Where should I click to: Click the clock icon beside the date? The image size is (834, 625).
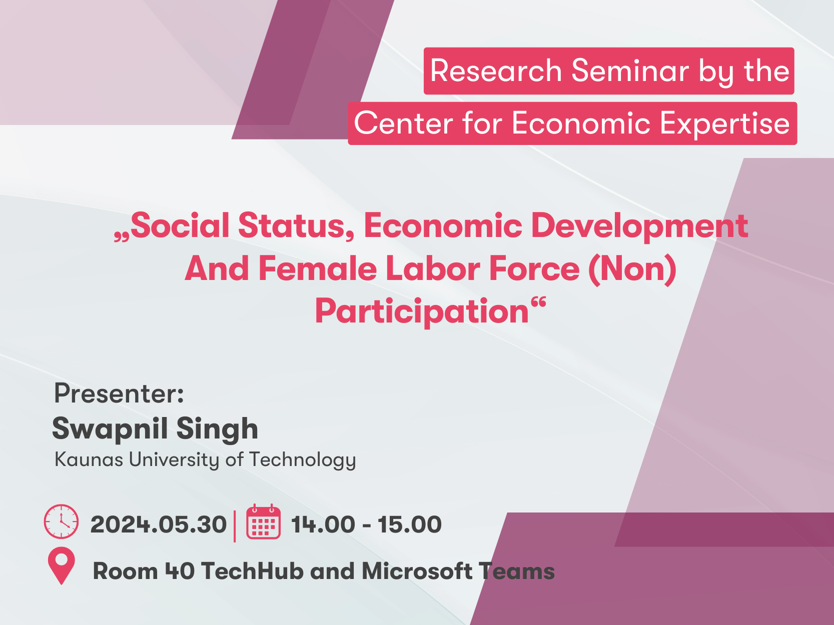point(61,521)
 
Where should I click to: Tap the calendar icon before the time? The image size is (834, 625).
point(263,521)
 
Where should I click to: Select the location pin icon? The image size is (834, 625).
point(62,565)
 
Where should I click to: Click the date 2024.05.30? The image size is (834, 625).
point(159,525)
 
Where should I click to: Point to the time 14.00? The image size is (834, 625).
point(323,525)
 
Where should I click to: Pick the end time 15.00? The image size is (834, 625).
point(410,525)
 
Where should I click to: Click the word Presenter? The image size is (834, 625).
point(119,393)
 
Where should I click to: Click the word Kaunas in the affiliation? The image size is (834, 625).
point(89,459)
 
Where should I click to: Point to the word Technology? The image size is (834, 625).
point(303,460)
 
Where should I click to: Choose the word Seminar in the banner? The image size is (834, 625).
point(630,70)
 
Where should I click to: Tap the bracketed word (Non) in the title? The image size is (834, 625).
point(632,269)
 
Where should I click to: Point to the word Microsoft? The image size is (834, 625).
point(417,571)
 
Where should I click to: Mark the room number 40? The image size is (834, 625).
point(180,571)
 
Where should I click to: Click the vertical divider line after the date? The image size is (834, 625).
point(235,526)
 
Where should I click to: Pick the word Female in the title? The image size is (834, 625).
point(318,269)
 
